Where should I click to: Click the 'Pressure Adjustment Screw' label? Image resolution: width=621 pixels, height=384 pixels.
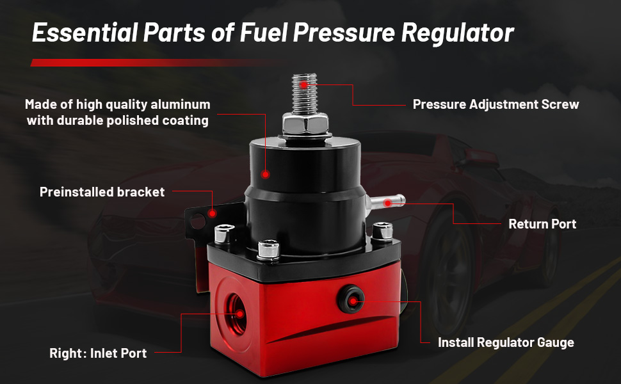(x=496, y=104)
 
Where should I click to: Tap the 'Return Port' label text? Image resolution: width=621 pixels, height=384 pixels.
(x=542, y=224)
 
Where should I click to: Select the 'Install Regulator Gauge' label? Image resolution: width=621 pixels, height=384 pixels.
(x=506, y=342)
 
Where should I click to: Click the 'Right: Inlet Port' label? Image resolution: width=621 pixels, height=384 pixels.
(x=98, y=353)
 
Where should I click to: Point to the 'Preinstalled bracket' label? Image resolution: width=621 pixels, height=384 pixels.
(x=102, y=192)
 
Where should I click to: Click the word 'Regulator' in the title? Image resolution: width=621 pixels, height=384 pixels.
(x=457, y=33)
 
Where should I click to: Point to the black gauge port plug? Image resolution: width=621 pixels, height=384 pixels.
(x=351, y=296)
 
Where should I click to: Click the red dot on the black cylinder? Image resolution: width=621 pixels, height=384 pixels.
(x=266, y=173)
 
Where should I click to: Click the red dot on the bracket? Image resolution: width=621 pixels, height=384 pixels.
(x=214, y=212)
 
